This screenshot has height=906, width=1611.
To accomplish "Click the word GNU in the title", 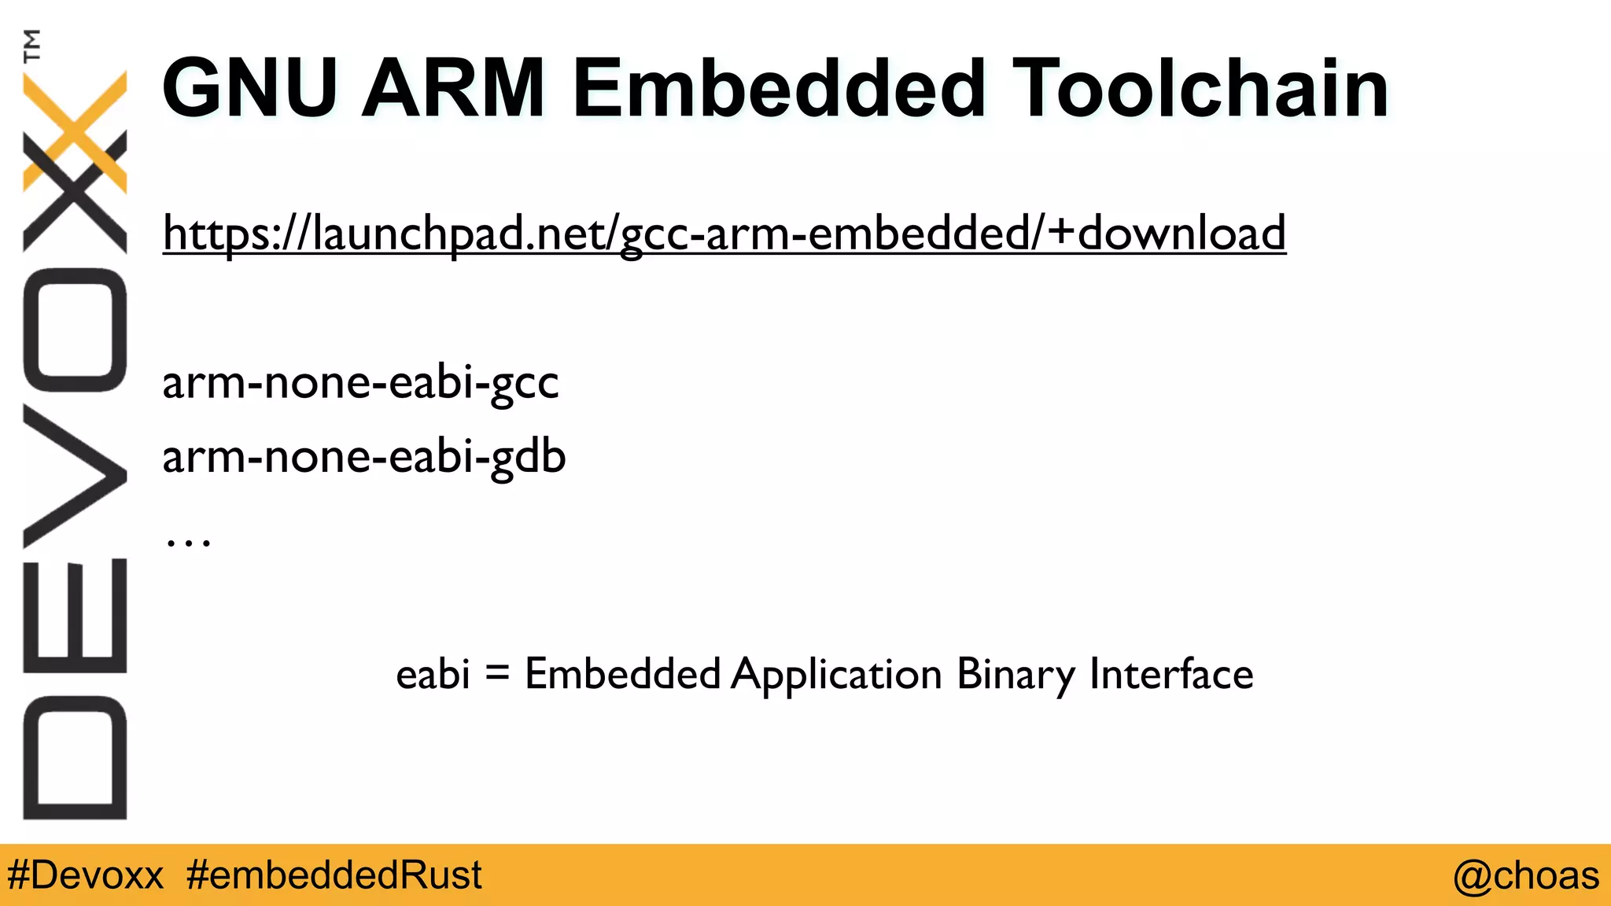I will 250,88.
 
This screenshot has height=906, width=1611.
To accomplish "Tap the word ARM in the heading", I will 453,88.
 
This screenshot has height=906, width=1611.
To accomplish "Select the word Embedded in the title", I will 779,88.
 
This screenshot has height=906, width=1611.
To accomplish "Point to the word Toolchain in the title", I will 1200,88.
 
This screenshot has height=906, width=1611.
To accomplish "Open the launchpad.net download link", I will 724,233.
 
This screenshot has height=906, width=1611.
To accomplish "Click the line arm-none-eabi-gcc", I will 360,383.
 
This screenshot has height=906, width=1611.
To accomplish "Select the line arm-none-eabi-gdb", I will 363,457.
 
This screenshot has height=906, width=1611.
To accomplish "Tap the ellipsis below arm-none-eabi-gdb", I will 188,540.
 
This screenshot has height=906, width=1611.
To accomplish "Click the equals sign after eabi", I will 497,673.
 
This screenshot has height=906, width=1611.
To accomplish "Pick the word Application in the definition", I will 836,675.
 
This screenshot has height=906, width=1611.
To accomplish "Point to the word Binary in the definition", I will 1016,675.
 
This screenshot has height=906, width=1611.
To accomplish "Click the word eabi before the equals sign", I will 433,674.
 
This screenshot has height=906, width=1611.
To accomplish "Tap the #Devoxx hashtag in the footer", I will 85,875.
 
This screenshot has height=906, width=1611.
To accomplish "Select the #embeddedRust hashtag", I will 334,875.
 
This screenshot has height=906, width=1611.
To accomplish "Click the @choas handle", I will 1525,875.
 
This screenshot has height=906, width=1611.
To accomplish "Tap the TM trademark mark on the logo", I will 32,46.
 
